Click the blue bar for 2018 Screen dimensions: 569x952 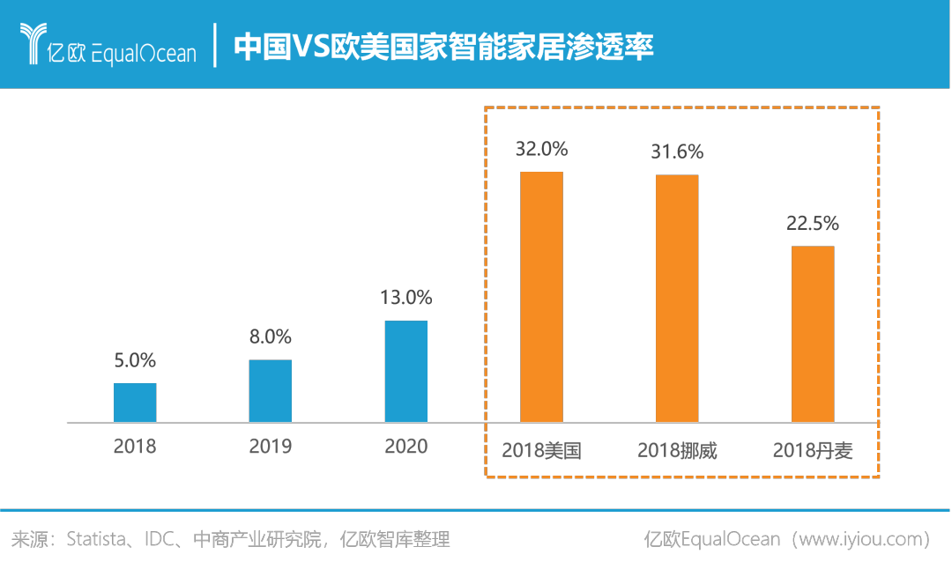[x=135, y=403]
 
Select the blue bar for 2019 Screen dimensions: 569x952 [x=271, y=391]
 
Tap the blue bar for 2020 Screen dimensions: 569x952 [x=406, y=371]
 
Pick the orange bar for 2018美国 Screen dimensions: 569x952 [x=541, y=297]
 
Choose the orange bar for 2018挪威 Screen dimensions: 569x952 [x=677, y=299]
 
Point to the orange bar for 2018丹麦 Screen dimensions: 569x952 [x=813, y=334]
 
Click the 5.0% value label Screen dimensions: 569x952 [x=135, y=360]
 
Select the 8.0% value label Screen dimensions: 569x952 [x=271, y=336]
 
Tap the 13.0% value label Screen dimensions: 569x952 [x=406, y=298]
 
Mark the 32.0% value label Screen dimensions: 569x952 [x=541, y=149]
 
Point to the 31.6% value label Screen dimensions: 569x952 [x=677, y=152]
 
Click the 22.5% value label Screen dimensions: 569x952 [x=813, y=224]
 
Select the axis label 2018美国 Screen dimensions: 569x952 [x=541, y=451]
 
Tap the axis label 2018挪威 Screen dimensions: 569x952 [x=677, y=451]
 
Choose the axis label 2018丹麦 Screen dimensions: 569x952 [x=813, y=451]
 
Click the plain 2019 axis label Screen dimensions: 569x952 [x=271, y=447]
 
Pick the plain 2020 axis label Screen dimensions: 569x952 [x=406, y=447]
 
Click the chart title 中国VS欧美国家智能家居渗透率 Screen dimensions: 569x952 [x=443, y=46]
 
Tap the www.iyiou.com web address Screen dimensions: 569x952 [x=863, y=538]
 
